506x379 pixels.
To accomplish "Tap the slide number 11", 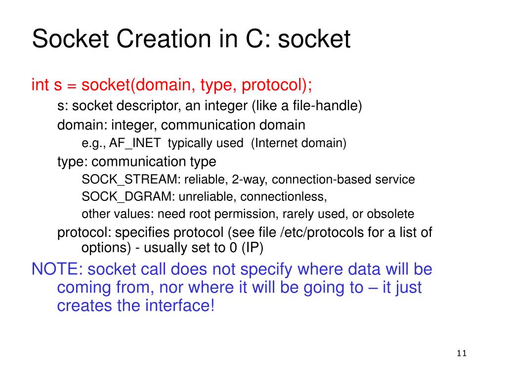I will click(x=462, y=353).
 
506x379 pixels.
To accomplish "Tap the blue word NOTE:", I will click(x=57, y=269).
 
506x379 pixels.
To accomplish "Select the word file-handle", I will click(x=335, y=106).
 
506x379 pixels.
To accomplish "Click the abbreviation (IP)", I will click(x=252, y=248).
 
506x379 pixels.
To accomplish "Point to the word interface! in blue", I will click(x=180, y=305).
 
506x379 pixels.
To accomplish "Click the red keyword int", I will click(x=40, y=85).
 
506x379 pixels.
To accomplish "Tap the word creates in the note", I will click(x=84, y=305).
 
